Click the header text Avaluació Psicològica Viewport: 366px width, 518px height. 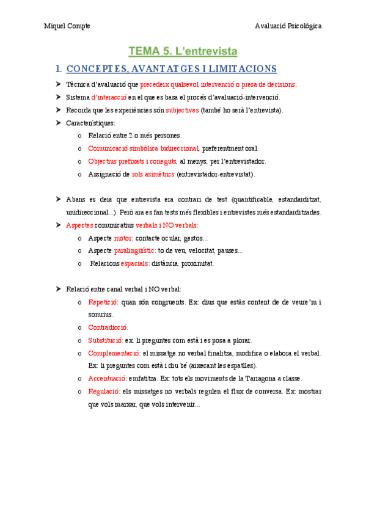[x=288, y=26]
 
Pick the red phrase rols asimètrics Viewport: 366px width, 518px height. [x=153, y=174]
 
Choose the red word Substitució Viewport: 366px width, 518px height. [x=105, y=340]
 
